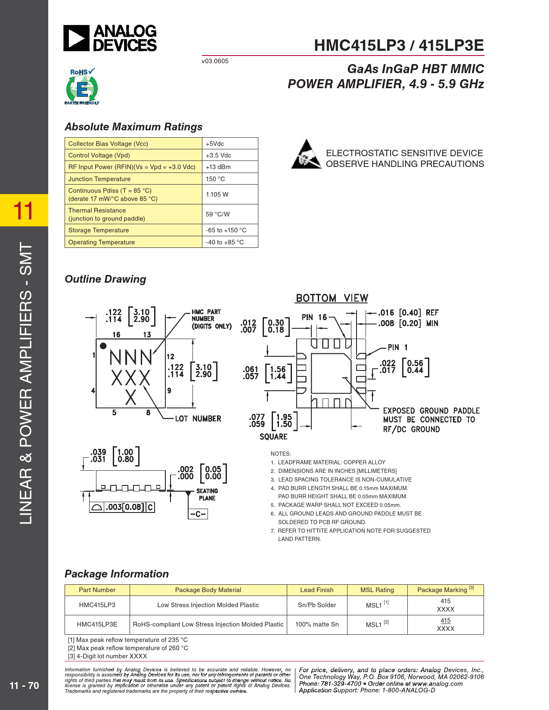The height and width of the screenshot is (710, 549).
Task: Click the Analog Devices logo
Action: [110, 38]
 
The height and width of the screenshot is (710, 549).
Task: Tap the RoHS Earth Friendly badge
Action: [82, 86]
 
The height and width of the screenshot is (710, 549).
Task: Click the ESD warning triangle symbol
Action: [306, 154]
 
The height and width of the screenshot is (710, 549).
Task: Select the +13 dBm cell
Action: [218, 167]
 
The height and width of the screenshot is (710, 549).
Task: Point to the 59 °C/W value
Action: [218, 214]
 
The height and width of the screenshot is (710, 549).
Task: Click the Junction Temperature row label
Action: [99, 179]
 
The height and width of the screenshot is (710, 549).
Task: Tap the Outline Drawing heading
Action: [105, 279]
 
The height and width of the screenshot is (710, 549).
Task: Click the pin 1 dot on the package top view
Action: [103, 346]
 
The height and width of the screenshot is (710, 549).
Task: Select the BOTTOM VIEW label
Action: [332, 298]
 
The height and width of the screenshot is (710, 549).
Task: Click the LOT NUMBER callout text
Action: [198, 419]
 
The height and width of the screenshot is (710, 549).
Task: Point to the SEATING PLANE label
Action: [207, 494]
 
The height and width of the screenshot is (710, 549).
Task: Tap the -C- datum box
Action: [198, 514]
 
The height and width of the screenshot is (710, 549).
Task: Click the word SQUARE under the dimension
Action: [273, 437]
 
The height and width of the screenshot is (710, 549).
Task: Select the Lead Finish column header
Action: [317, 590]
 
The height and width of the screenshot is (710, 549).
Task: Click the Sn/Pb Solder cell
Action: [317, 605]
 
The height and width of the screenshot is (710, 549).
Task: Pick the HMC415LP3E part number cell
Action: [97, 624]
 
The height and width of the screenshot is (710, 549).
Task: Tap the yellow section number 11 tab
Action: [24, 210]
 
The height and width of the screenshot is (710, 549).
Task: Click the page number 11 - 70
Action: [24, 685]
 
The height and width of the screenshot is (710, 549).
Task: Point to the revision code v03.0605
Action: [215, 61]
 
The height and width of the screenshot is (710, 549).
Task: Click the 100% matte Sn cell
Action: [317, 624]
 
